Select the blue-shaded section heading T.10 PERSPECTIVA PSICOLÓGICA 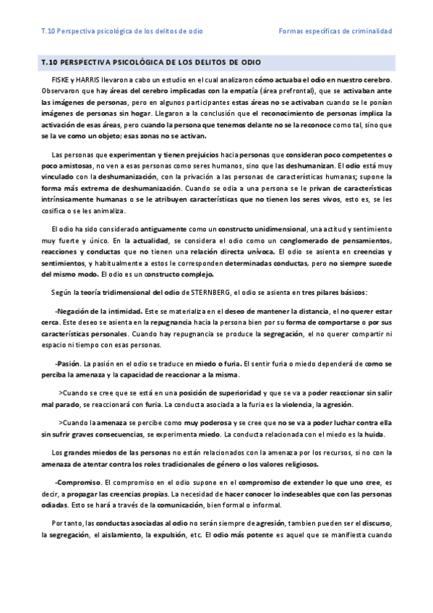click(x=151, y=63)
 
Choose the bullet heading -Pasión click(x=70, y=363)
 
